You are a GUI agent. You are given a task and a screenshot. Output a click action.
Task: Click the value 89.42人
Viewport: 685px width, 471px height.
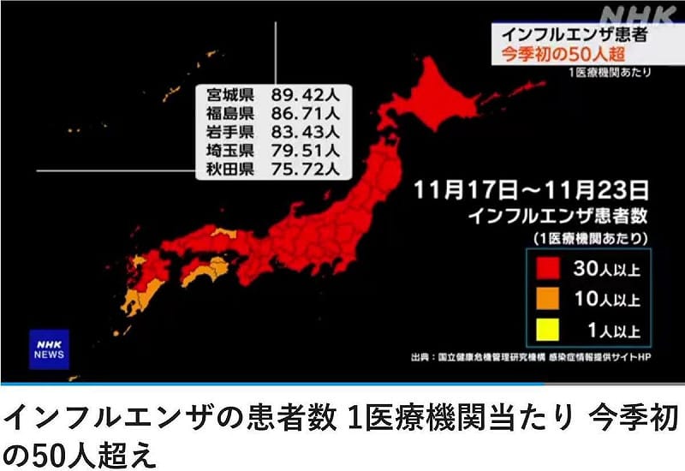click(307, 94)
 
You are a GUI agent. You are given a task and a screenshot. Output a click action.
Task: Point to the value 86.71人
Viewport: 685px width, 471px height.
click(307, 113)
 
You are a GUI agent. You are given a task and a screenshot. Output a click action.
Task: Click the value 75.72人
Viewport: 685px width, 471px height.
click(307, 170)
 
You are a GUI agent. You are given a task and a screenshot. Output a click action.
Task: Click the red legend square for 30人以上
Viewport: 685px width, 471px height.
click(548, 269)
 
